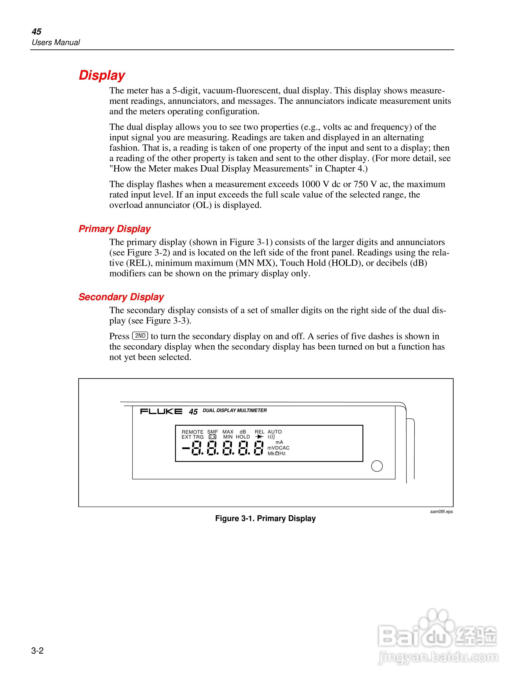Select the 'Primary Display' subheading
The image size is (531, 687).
point(115,229)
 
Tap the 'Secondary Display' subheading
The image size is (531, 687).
point(121,297)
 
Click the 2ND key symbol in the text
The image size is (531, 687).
point(140,336)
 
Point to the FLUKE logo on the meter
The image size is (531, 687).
point(161,411)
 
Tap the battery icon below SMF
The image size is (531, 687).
point(212,437)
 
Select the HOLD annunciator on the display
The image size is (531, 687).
point(243,437)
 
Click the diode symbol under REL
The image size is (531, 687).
point(259,437)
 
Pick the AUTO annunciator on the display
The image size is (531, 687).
point(275,432)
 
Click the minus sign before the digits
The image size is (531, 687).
point(186,448)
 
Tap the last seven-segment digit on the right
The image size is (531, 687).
point(258,448)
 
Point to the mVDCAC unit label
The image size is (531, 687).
point(278,448)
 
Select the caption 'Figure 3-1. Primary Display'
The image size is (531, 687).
point(265,519)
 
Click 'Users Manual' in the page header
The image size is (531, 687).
point(56,43)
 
